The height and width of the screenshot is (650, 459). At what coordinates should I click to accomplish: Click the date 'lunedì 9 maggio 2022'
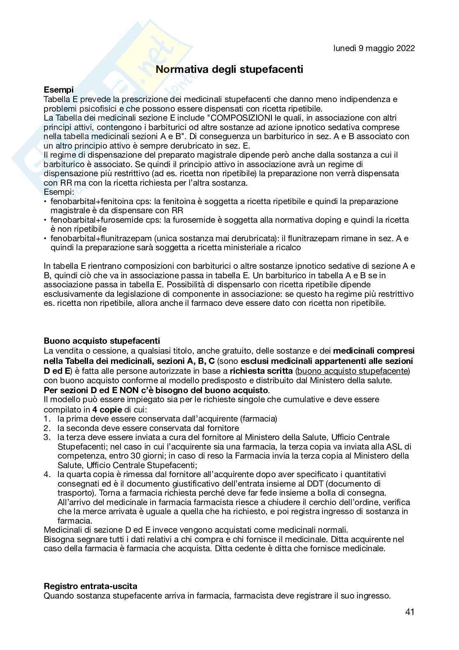tap(374, 48)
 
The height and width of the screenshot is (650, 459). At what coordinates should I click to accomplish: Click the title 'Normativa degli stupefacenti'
tap(229, 69)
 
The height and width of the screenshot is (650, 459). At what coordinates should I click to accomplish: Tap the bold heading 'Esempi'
tap(59, 90)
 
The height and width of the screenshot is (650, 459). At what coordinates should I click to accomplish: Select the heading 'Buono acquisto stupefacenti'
tap(102, 341)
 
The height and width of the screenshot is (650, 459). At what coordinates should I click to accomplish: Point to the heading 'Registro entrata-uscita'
tap(90, 586)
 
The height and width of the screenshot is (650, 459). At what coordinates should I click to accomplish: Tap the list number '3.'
tap(47, 437)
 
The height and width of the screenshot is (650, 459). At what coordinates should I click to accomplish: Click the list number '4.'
tap(47, 474)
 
